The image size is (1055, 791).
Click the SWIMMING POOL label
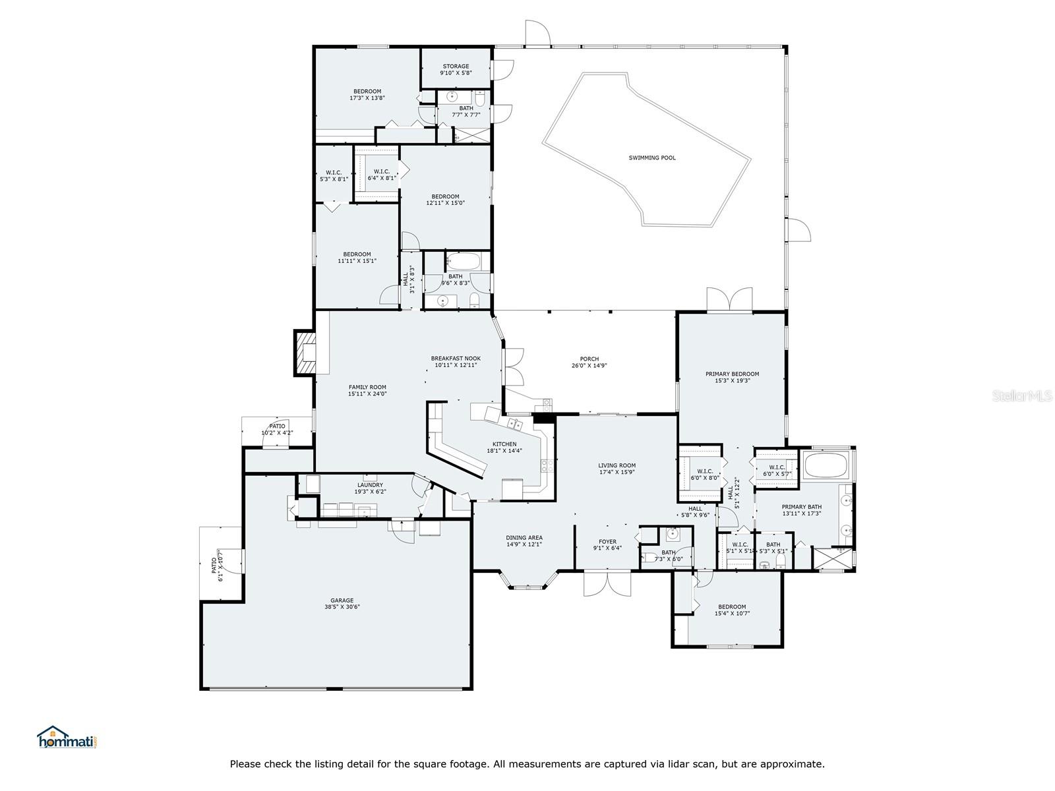tap(651, 158)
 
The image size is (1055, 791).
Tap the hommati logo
tap(68, 737)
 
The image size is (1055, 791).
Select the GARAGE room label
tap(342, 603)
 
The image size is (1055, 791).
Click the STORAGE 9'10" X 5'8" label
tap(456, 70)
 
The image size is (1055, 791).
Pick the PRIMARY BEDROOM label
tap(732, 377)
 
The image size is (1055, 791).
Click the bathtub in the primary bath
tap(825, 465)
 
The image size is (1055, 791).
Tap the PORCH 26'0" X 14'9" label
tap(589, 362)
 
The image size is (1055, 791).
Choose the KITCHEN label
tap(504, 447)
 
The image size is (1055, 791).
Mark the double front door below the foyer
tap(607, 583)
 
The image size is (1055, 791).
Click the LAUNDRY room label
tap(370, 488)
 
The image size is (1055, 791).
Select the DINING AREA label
tap(524, 541)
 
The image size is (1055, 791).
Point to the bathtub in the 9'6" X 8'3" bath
tap(464, 262)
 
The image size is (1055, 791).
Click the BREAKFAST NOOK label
tap(456, 361)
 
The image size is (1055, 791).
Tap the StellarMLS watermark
tap(1022, 395)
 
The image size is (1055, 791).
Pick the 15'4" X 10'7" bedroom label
tap(732, 610)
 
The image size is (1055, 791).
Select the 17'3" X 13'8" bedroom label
tap(367, 95)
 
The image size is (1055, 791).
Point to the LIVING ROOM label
tap(617, 468)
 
